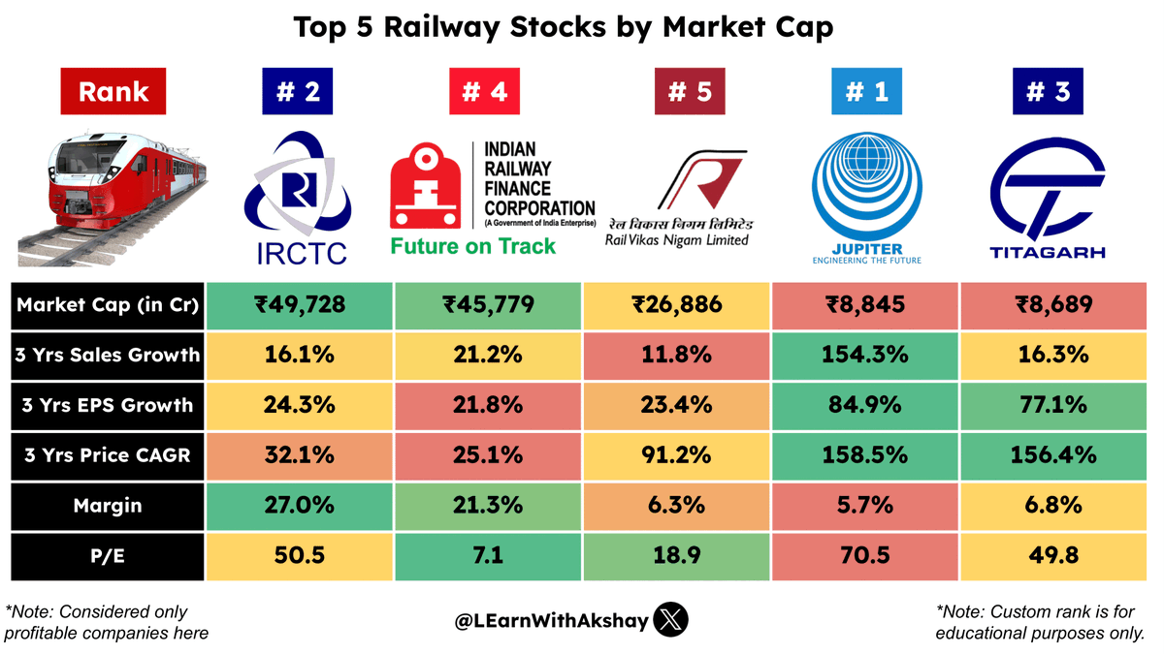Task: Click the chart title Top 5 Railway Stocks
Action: [563, 28]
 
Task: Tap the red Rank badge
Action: [113, 92]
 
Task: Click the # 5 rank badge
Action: [677, 92]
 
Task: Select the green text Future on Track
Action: [473, 246]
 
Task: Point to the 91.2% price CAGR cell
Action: [677, 455]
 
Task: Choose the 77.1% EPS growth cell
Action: [1051, 405]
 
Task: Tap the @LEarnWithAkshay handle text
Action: [551, 620]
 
